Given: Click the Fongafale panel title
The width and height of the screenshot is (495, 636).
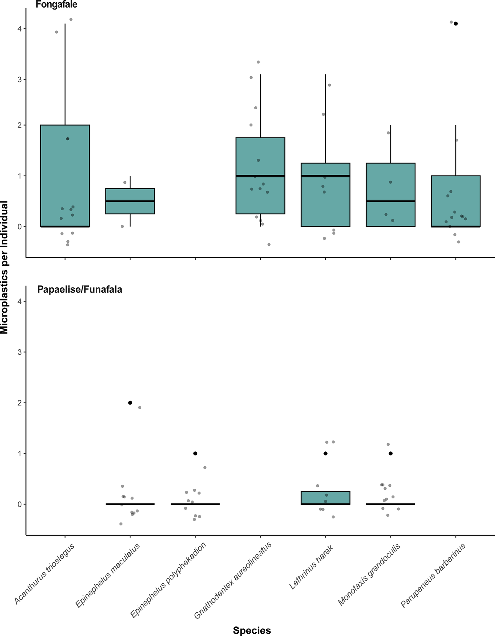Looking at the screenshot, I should [56, 5].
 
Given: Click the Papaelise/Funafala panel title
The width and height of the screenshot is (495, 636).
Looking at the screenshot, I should [80, 290].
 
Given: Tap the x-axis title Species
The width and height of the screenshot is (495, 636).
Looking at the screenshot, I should [252, 630].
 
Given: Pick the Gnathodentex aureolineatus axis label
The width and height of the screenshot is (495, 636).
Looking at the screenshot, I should [233, 580].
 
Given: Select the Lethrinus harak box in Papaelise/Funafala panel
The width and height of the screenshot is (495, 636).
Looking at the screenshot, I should [325, 498].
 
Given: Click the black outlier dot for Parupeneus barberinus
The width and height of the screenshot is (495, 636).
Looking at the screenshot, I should [456, 23].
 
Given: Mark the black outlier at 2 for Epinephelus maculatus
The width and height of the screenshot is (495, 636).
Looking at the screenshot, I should [130, 403].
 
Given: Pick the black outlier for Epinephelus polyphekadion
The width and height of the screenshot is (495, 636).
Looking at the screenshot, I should [195, 453].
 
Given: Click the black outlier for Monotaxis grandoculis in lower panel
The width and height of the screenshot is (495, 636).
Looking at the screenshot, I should [391, 453].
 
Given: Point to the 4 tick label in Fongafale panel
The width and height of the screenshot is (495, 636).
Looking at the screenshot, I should [19, 29].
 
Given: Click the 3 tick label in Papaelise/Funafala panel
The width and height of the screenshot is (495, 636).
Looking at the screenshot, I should [19, 352].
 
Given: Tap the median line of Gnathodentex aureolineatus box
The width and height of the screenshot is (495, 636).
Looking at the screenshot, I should [260, 176].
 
